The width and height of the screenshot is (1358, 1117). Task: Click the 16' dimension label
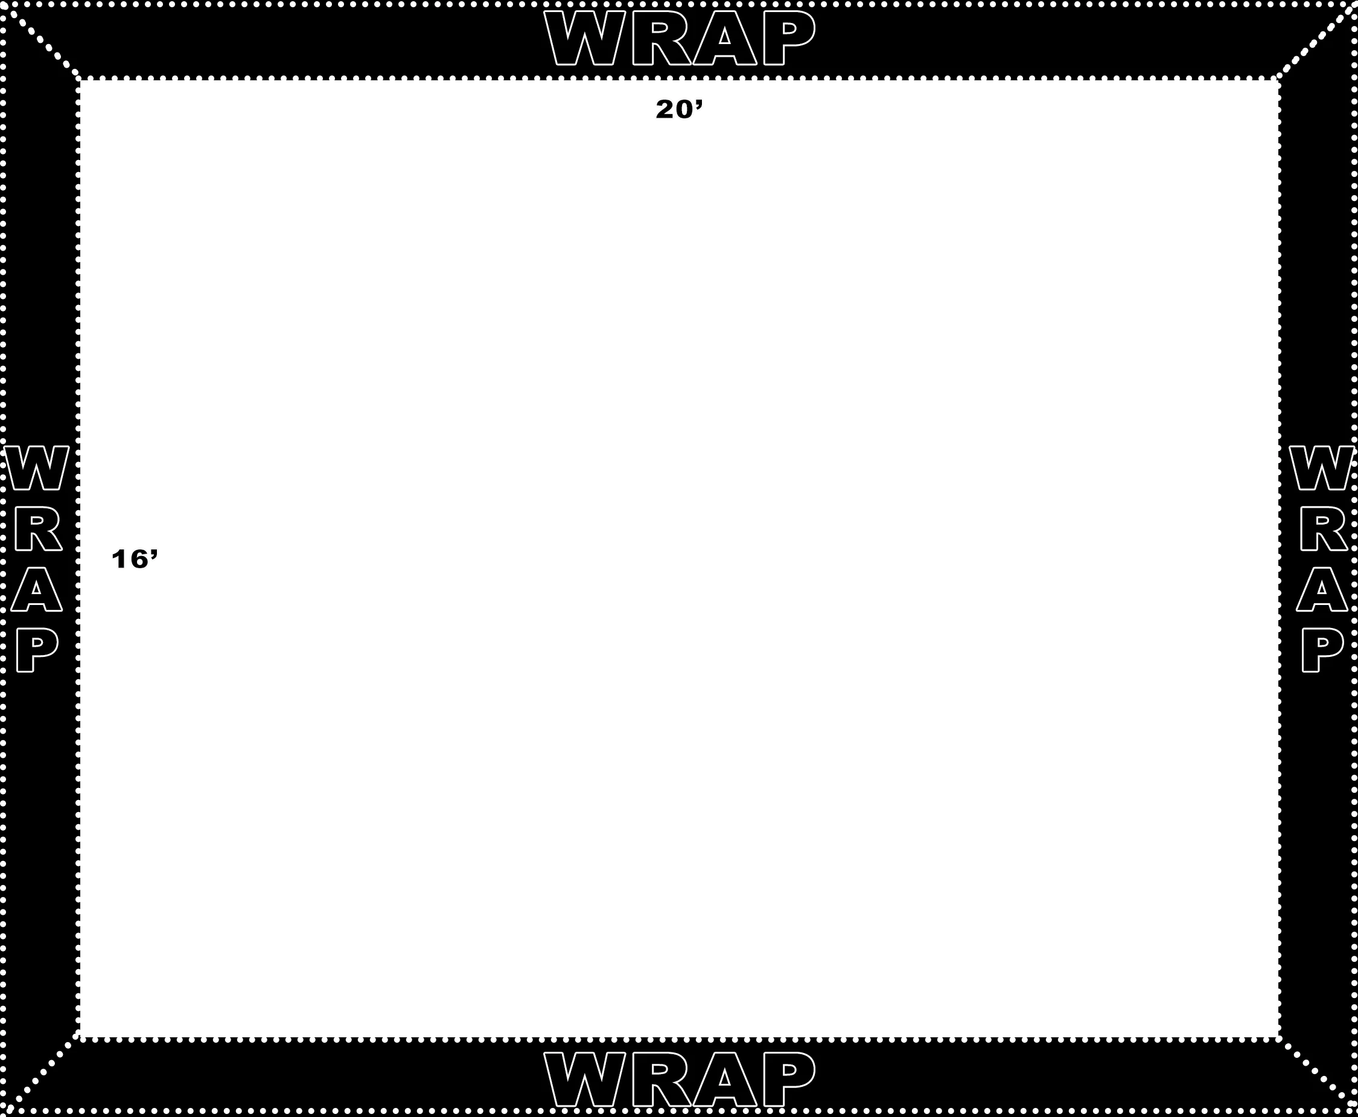[x=135, y=559]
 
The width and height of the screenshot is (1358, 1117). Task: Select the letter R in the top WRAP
[x=661, y=38]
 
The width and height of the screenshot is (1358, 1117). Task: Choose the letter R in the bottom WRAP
[x=661, y=1080]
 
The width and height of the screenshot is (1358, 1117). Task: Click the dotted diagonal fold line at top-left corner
[x=41, y=40]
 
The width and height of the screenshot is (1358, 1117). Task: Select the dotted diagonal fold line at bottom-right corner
[x=1318, y=1076]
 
